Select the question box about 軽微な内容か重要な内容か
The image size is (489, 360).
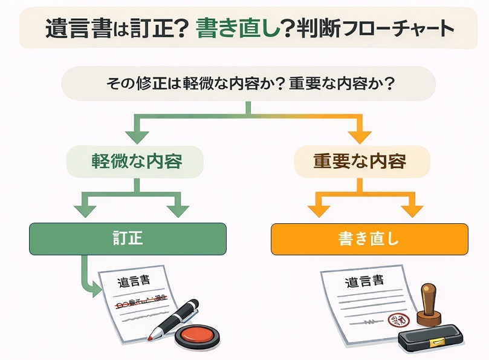pos(248,83)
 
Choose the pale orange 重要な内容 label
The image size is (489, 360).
pos(360,162)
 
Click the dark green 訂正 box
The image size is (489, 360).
pos(128,238)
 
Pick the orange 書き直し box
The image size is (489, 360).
pos(369,238)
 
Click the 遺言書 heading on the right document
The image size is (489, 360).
pos(364,281)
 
